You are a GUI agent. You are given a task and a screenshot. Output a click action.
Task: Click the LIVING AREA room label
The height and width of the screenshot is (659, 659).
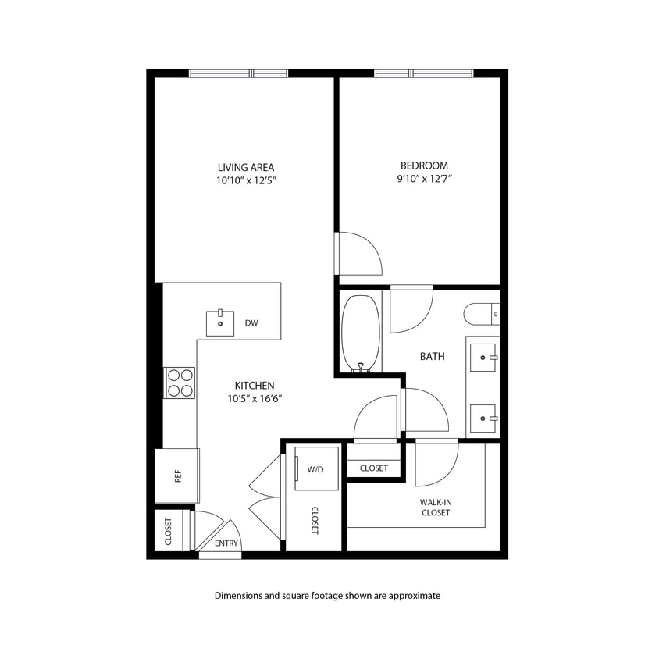tap(245, 167)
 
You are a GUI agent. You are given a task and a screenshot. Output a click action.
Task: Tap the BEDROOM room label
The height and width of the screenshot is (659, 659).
tap(424, 166)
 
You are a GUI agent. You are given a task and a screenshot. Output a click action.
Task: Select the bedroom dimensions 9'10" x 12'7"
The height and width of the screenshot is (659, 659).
tap(424, 179)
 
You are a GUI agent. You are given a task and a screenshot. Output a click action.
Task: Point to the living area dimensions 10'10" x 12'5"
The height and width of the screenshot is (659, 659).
tap(245, 180)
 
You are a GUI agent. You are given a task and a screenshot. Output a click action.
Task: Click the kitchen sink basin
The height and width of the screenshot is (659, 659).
tap(220, 322)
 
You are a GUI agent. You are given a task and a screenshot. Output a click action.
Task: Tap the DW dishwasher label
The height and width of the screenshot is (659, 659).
tap(251, 322)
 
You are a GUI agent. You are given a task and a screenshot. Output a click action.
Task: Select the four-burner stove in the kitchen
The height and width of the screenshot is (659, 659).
tap(180, 383)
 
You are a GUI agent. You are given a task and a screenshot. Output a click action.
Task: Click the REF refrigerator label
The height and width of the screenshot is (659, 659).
tap(178, 476)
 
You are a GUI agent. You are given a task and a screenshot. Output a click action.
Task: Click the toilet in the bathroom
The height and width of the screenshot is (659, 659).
tap(481, 314)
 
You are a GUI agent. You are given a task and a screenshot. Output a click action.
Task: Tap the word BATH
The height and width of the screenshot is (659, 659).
tap(433, 356)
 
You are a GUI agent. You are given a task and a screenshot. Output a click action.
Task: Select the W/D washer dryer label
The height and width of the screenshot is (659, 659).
tap(315, 469)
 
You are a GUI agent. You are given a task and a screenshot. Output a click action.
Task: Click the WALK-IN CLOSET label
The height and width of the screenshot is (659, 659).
tap(435, 507)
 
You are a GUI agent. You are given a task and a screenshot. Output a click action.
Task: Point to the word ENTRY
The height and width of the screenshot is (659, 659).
tap(226, 544)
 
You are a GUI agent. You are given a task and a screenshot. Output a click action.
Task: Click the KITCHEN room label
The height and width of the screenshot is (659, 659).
tap(255, 385)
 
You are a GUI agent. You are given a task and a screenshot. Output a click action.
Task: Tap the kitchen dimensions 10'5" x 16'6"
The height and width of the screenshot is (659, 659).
tap(255, 398)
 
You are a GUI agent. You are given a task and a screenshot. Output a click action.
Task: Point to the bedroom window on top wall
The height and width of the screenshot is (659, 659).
tap(423, 74)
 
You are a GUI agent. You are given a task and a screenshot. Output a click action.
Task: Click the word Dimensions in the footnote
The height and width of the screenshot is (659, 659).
tap(238, 595)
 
